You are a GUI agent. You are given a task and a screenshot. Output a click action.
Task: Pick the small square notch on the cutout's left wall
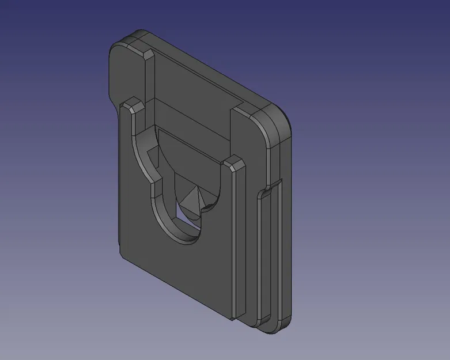click(153, 154)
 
